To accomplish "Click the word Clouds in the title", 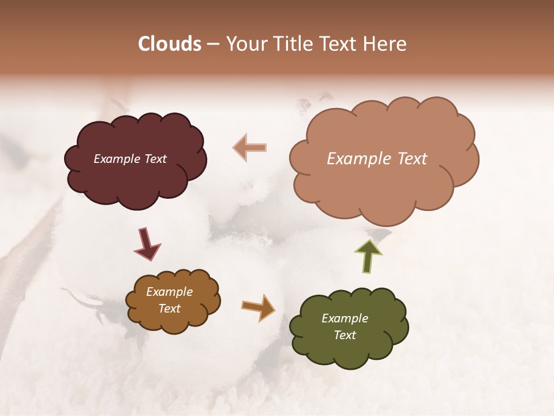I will pyautogui.click(x=170, y=44).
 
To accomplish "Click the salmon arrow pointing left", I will pyautogui.click(x=250, y=147).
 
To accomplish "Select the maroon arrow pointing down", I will pyautogui.click(x=147, y=243).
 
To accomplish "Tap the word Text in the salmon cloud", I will pyautogui.click(x=408, y=159).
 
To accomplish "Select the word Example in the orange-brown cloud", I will pyautogui.click(x=169, y=292).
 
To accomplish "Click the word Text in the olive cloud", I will pyautogui.click(x=345, y=335).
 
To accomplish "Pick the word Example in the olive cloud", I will pyautogui.click(x=345, y=318).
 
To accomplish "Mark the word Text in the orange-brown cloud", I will pyautogui.click(x=169, y=309).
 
